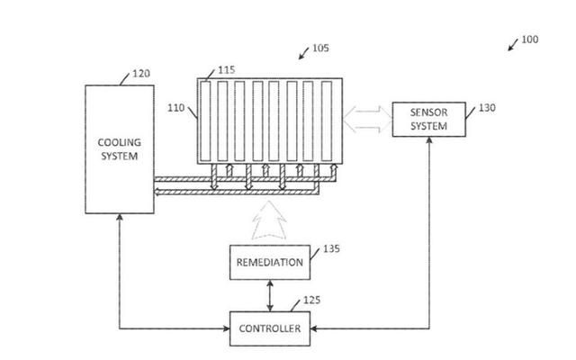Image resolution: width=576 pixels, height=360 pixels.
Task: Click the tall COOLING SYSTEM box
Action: [120, 149]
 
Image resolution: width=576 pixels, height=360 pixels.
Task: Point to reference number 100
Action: [530, 39]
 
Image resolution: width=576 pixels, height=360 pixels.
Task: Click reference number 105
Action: [319, 49]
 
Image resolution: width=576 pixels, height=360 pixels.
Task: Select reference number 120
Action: [141, 74]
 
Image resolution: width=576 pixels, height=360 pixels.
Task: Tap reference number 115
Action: [227, 68]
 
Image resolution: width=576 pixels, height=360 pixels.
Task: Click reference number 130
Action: [486, 108]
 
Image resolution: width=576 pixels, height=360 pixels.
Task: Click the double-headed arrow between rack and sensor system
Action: [366, 119]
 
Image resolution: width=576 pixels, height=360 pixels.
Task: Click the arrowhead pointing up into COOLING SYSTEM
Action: [120, 219]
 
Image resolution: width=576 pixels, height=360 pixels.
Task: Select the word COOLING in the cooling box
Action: [120, 142]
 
